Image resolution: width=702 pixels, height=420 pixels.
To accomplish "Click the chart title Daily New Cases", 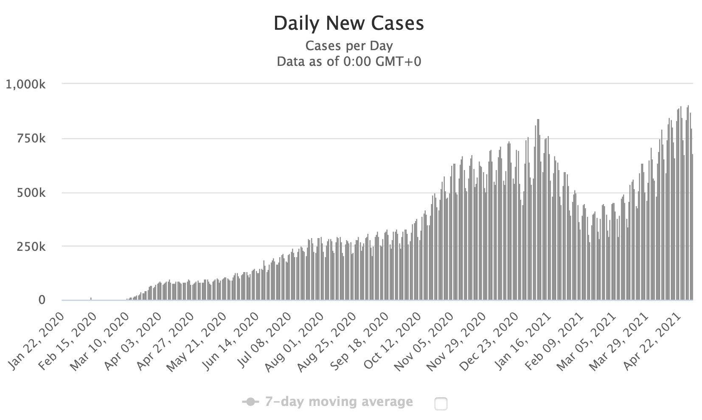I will click(x=348, y=23).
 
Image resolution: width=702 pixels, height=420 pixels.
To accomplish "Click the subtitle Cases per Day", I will click(x=349, y=45).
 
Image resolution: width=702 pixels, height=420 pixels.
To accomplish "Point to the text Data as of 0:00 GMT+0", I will click(x=349, y=62).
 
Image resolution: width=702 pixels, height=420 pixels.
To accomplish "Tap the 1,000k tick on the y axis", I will click(x=25, y=85).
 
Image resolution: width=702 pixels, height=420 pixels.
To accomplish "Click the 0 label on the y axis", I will click(x=42, y=300).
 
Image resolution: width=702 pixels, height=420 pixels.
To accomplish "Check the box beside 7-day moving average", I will click(x=441, y=404).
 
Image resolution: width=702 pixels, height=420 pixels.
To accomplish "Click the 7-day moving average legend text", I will click(x=339, y=402).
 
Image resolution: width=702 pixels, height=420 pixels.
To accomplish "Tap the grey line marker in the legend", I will click(x=251, y=402).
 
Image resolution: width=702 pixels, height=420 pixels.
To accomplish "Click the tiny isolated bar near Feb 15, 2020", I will click(x=91, y=298).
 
